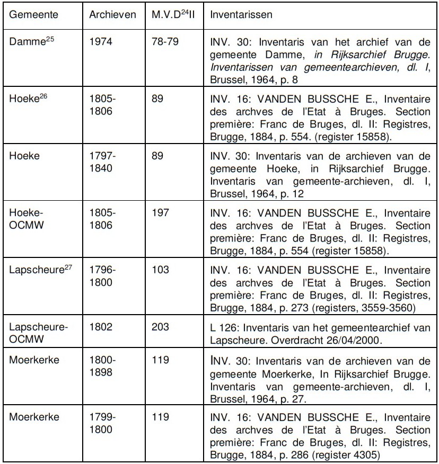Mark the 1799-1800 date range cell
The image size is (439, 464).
(102, 422)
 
